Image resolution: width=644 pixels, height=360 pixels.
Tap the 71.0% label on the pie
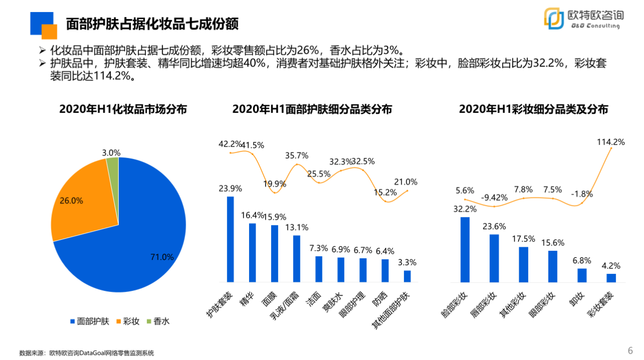pyautogui.click(x=162, y=257)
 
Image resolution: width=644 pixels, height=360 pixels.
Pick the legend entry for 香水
pyautogui.click(x=157, y=321)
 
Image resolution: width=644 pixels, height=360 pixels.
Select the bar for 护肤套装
pyautogui.click(x=230, y=239)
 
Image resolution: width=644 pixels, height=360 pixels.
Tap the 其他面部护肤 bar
pyautogui.click(x=407, y=276)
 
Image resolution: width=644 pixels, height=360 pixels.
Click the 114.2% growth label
pyautogui.click(x=611, y=142)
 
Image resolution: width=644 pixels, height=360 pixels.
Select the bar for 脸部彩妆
pyautogui.click(x=465, y=250)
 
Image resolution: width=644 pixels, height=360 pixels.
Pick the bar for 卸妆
pyautogui.click(x=582, y=275)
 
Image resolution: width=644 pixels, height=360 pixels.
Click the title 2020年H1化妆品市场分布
pyautogui.click(x=123, y=109)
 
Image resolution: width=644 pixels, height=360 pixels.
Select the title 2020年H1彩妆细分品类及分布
pyautogui.click(x=533, y=109)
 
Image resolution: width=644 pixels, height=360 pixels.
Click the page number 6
pyautogui.click(x=630, y=351)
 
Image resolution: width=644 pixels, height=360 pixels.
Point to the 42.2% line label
pyautogui.click(x=230, y=144)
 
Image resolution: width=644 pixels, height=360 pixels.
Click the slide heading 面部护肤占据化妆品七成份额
pyautogui.click(x=152, y=24)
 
